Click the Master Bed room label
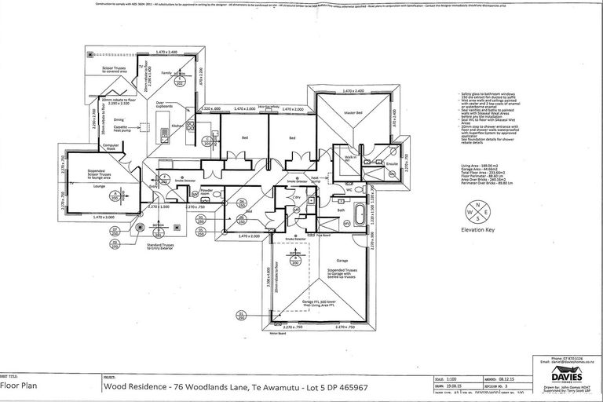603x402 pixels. click(x=353, y=114)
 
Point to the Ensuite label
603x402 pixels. click(x=381, y=163)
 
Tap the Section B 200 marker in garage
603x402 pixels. click(x=296, y=256)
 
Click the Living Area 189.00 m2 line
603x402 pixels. click(x=480, y=166)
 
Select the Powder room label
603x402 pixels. click(x=206, y=192)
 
